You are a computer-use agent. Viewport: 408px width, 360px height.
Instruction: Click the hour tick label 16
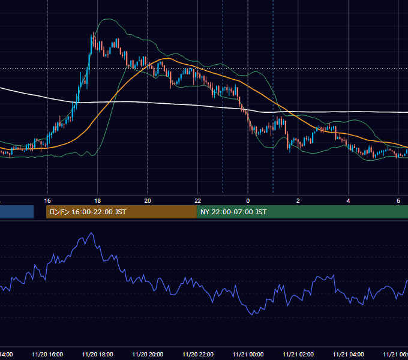pos(47,201)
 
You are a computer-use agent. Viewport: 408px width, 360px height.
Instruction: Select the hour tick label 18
pos(98,201)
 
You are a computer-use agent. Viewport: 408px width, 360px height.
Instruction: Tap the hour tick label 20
pos(148,201)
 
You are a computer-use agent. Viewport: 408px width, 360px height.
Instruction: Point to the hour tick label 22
pos(198,201)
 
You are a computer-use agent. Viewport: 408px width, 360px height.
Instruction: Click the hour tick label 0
pos(248,201)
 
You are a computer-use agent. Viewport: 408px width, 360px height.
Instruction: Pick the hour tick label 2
pos(298,201)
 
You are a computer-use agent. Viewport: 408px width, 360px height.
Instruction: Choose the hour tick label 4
pos(348,201)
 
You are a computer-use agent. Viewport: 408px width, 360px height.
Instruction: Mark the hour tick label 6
pos(398,201)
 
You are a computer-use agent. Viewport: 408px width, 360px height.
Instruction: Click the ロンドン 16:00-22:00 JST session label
pos(88,212)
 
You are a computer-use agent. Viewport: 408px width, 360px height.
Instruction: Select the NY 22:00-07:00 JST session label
pos(233,212)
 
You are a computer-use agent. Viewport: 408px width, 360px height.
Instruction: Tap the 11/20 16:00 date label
pos(47,355)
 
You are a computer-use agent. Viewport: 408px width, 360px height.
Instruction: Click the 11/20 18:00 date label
pos(98,355)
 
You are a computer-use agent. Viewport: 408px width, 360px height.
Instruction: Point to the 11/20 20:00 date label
pos(148,355)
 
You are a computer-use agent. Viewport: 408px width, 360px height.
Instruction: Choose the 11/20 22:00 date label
pos(198,355)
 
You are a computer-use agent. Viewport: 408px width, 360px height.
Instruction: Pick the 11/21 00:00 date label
pos(248,355)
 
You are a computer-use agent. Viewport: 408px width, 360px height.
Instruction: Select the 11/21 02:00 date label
pos(298,355)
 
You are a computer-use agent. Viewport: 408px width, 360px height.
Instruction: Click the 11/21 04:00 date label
pos(348,355)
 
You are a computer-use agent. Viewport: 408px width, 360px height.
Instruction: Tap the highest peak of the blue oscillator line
pos(91,233)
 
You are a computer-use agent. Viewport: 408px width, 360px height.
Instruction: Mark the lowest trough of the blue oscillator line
pos(252,315)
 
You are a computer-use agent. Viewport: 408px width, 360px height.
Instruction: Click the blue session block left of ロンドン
pos(17,212)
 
